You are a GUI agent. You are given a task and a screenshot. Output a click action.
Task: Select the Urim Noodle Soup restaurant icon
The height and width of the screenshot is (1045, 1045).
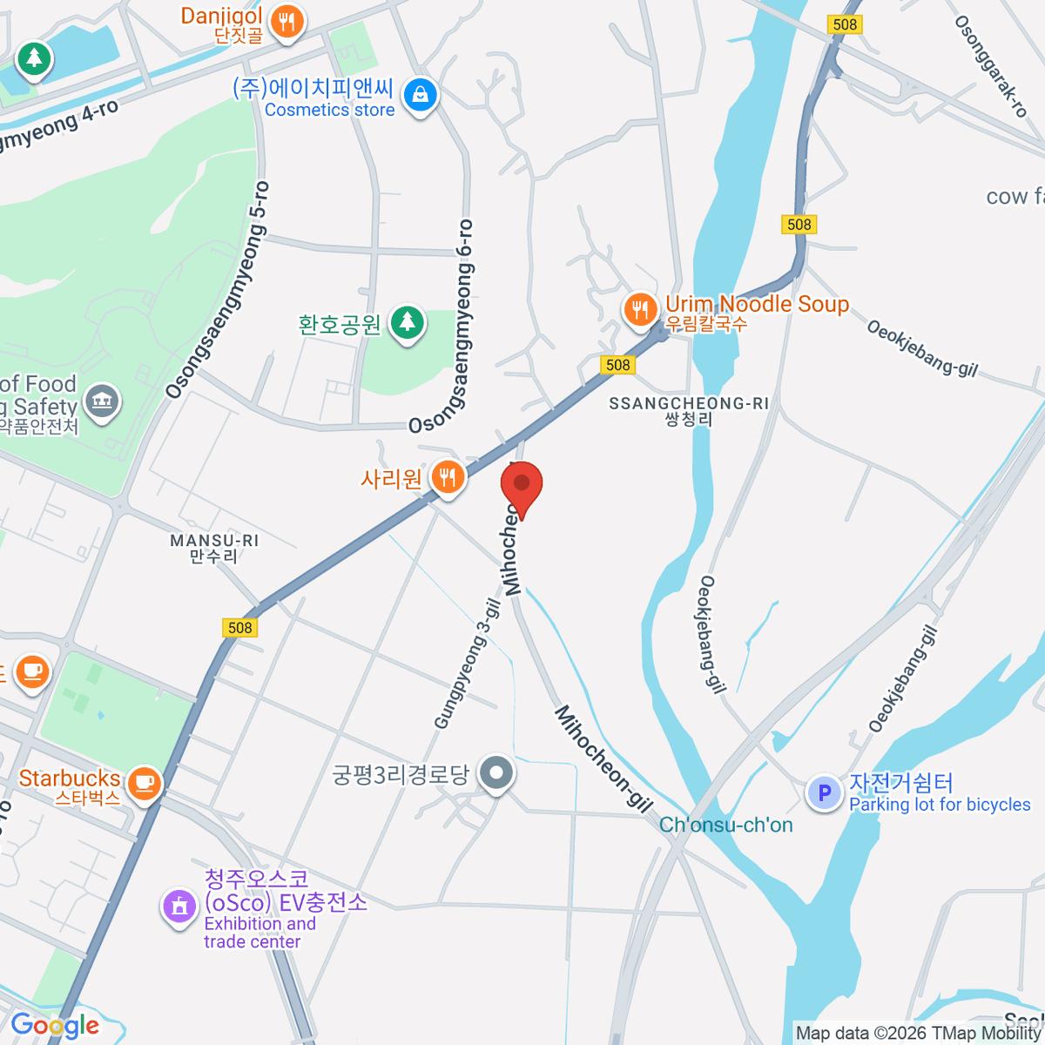tap(640, 309)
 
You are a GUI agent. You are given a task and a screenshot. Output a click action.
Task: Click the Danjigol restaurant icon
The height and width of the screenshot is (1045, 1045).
tap(287, 20)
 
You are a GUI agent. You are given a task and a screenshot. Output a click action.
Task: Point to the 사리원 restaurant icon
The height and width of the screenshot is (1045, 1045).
tap(448, 477)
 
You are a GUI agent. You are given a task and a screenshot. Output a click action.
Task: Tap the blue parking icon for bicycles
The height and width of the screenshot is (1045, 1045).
tap(824, 792)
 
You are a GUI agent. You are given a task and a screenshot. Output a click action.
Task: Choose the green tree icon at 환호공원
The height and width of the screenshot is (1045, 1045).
tap(407, 323)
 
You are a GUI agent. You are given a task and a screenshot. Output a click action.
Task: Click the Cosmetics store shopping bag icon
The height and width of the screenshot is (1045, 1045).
tap(421, 95)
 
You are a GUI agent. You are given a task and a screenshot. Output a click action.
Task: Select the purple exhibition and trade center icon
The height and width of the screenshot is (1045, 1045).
tap(179, 906)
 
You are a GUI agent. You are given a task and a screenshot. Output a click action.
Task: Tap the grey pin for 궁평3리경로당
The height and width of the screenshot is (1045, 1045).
tap(497, 772)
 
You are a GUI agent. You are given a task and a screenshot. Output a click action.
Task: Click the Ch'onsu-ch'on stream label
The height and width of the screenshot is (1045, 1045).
tap(725, 825)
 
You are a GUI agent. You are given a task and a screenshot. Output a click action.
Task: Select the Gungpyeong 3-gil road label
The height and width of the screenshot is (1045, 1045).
tap(468, 664)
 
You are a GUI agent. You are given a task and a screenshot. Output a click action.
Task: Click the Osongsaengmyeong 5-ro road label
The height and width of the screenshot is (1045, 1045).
tap(219, 291)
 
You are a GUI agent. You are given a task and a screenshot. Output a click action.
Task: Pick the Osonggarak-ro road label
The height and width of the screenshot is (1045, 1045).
tap(991, 65)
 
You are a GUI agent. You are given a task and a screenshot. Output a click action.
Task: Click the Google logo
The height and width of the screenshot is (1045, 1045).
tap(54, 1026)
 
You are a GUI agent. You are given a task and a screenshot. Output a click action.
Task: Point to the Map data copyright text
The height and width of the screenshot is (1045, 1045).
tap(919, 1034)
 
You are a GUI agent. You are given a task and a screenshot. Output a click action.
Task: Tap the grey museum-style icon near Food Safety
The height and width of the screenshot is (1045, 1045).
tap(103, 401)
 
